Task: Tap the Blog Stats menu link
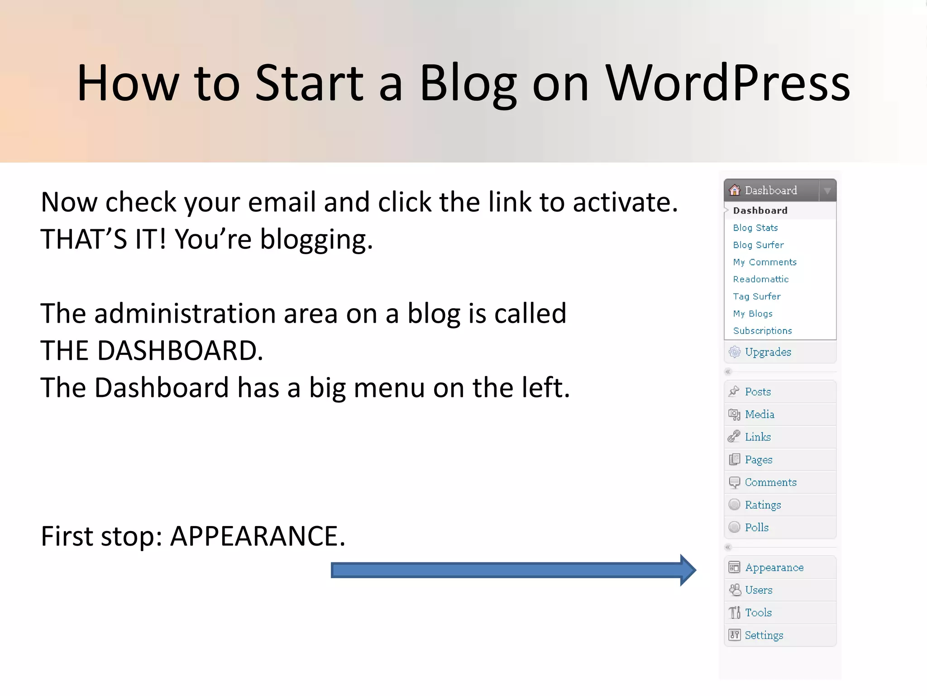(755, 228)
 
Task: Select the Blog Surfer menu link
(758, 245)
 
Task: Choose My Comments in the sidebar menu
(765, 262)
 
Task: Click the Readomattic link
(760, 280)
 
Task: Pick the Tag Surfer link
(756, 297)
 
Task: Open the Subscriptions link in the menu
(762, 331)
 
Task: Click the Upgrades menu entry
(768, 352)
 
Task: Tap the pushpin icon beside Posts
(734, 391)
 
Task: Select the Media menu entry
(760, 415)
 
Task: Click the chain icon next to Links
(734, 437)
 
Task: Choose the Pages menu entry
(759, 460)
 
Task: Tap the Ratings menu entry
(763, 505)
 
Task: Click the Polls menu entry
(756, 527)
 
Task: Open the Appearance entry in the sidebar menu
(774, 568)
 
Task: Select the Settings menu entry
(764, 635)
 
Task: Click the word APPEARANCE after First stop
(257, 536)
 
